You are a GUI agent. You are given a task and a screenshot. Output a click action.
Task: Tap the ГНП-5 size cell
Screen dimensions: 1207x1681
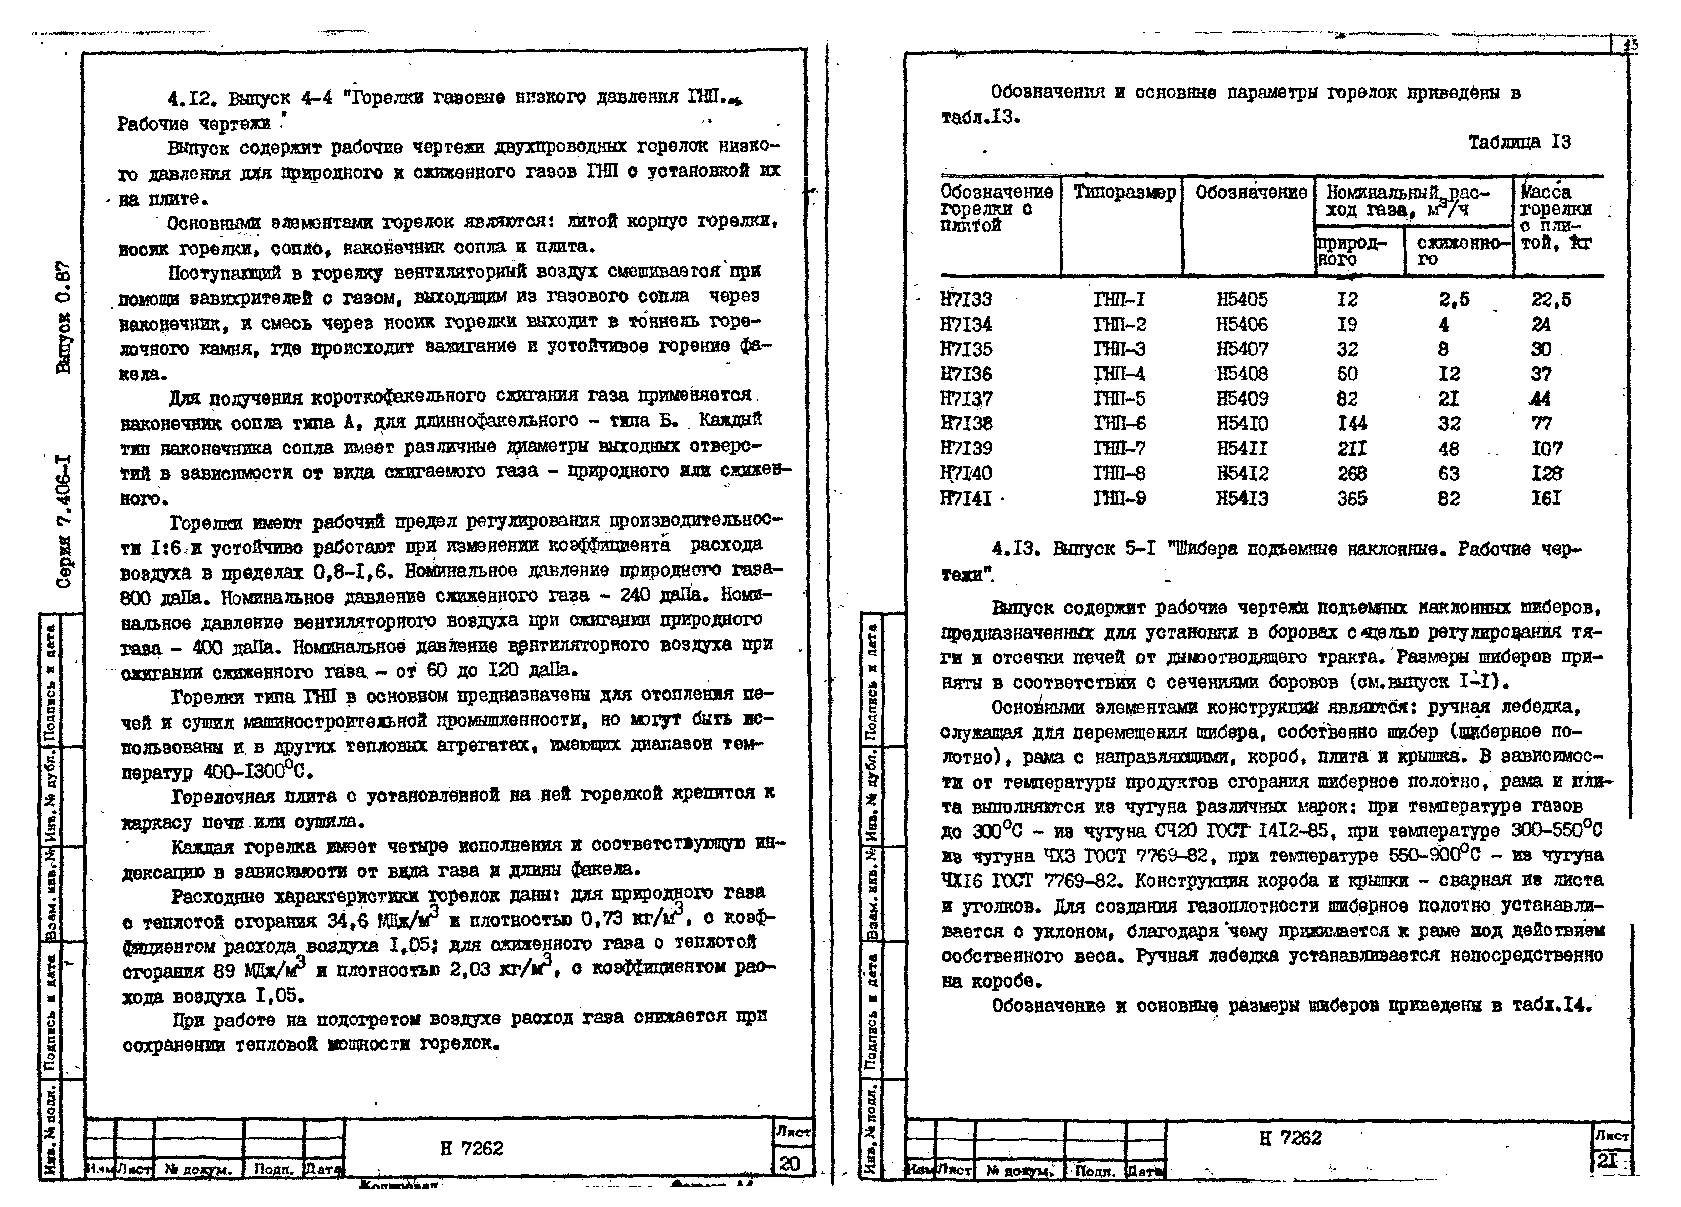click(x=1119, y=399)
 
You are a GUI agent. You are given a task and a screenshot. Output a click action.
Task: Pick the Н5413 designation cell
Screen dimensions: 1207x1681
click(x=1242, y=498)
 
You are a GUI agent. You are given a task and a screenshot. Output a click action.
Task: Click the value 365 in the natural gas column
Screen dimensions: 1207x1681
click(x=1352, y=498)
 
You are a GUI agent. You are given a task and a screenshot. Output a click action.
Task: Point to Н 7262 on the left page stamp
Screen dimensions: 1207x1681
click(x=471, y=1148)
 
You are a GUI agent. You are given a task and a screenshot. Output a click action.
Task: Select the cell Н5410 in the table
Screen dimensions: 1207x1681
click(x=1242, y=423)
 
